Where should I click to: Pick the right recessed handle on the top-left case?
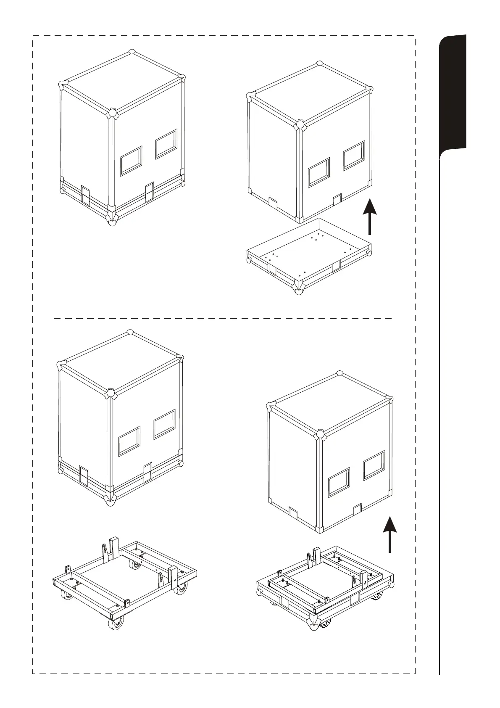[166, 144]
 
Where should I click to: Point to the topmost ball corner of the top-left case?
[132, 52]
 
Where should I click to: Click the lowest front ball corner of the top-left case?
[111, 222]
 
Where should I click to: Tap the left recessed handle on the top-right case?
[319, 172]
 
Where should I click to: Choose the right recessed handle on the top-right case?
[354, 156]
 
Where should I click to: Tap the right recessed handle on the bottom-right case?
[374, 465]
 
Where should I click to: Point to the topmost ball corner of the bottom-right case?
[340, 374]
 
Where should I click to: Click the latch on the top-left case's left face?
[85, 195]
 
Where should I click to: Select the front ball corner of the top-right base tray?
[299, 291]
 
